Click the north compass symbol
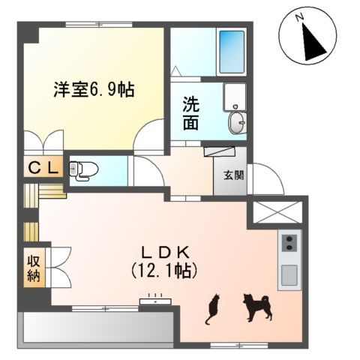(x=309, y=36)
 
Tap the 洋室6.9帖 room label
(x=94, y=90)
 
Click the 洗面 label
(x=191, y=113)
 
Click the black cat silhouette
(x=212, y=307)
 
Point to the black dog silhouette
(x=256, y=306)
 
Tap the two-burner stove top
(x=289, y=243)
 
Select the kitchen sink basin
(x=289, y=276)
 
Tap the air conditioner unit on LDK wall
(x=156, y=302)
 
